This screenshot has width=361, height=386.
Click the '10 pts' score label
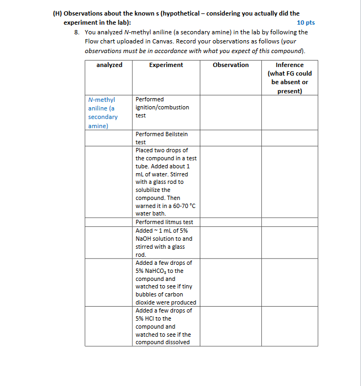tap(305, 23)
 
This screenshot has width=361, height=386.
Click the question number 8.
tap(77, 32)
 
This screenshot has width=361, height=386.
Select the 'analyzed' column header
tap(109, 65)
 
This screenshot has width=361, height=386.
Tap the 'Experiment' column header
tap(166, 65)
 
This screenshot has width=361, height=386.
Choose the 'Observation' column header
tap(230, 65)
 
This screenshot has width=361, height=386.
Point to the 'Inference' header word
tap(289, 65)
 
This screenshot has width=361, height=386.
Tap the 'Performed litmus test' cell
tap(164, 222)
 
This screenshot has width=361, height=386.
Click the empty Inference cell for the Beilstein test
tap(289, 138)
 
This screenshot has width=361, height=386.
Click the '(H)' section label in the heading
tap(57, 13)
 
